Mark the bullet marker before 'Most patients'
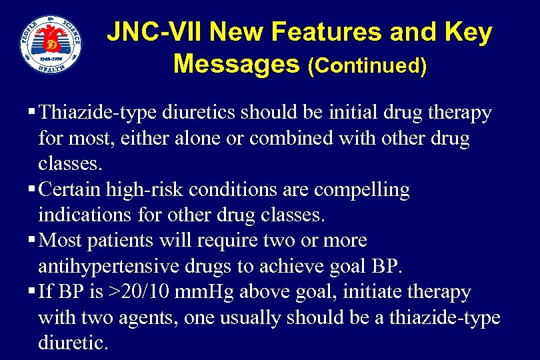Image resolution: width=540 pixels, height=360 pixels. click(34, 241)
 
